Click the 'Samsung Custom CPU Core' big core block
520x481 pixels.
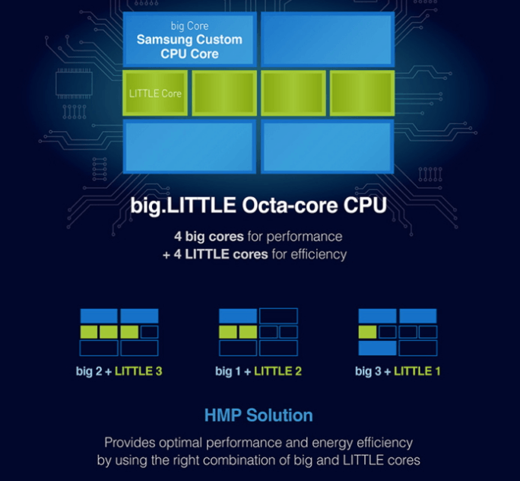tap(189, 40)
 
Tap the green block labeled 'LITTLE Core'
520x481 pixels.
tap(155, 93)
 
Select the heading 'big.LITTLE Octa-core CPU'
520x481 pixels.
tap(258, 205)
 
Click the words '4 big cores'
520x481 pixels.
tap(209, 237)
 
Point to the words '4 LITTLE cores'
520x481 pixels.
tap(220, 254)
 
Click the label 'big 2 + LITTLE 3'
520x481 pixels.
tap(119, 371)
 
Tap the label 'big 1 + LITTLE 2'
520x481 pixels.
tap(258, 371)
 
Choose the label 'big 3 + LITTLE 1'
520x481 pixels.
tap(398, 371)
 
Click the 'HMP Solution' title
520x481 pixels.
tap(258, 416)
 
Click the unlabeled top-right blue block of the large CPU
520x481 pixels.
tap(328, 40)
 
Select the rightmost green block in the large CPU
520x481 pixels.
tap(362, 93)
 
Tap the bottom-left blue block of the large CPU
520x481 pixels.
tap(189, 147)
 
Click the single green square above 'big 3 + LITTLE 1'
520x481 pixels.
tap(367, 332)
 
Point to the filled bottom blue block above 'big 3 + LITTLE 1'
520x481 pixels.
tap(377, 349)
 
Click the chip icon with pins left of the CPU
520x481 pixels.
tap(74, 84)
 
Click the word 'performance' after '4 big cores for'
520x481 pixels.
tap(304, 237)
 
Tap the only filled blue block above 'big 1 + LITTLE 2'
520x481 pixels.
tap(238, 316)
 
